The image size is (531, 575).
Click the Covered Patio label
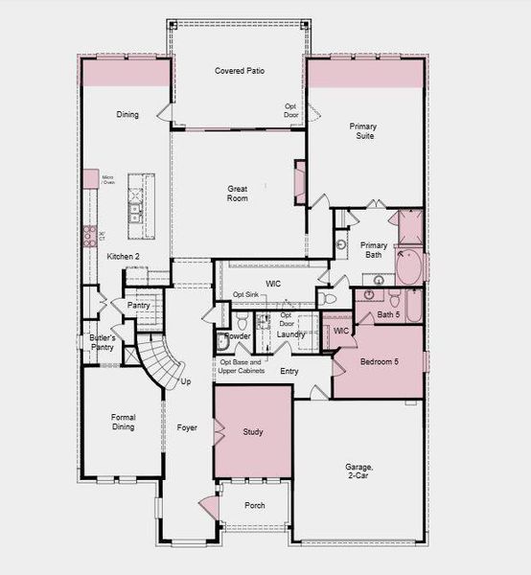pyautogui.click(x=240, y=71)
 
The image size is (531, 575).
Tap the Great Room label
pyautogui.click(x=238, y=194)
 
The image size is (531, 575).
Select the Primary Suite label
pyautogui.click(x=361, y=130)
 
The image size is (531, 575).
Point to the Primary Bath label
pyautogui.click(x=374, y=251)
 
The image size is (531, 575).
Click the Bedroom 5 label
pyautogui.click(x=381, y=363)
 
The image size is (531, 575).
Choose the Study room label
pyautogui.click(x=253, y=432)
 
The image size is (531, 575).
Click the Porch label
pyautogui.click(x=255, y=505)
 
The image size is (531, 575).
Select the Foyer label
pyautogui.click(x=187, y=427)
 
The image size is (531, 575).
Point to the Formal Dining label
pyautogui.click(x=123, y=422)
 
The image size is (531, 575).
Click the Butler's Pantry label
pyautogui.click(x=103, y=343)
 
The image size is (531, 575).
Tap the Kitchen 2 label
pyautogui.click(x=124, y=256)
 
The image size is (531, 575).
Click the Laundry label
pyautogui.click(x=291, y=334)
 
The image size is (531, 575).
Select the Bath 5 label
pyautogui.click(x=388, y=314)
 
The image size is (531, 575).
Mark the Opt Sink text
pyautogui.click(x=245, y=294)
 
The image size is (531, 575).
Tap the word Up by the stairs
pyautogui.click(x=186, y=381)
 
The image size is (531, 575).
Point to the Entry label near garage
pyautogui.click(x=289, y=371)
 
